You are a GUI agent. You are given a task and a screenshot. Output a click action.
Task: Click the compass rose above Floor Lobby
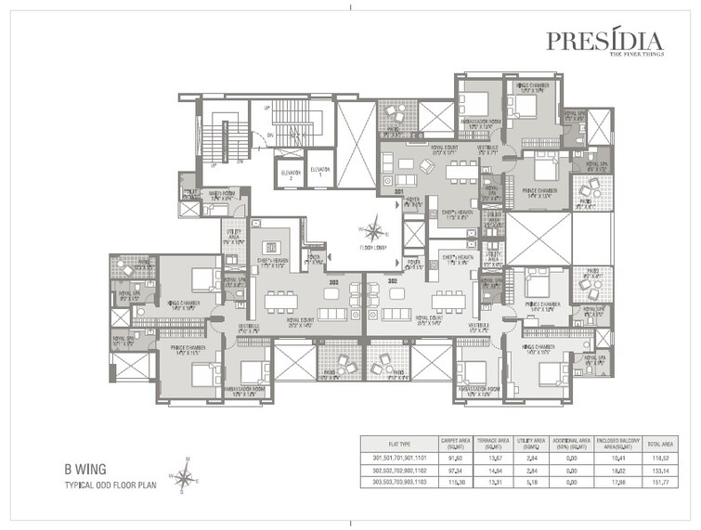point(373,228)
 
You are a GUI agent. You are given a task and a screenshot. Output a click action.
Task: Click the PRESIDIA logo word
point(604,41)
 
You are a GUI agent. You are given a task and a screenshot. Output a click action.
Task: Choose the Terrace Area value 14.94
point(493,471)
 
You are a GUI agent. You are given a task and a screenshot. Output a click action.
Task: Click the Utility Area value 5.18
point(533,482)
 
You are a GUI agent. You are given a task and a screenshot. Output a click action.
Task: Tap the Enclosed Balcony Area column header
point(617,444)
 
